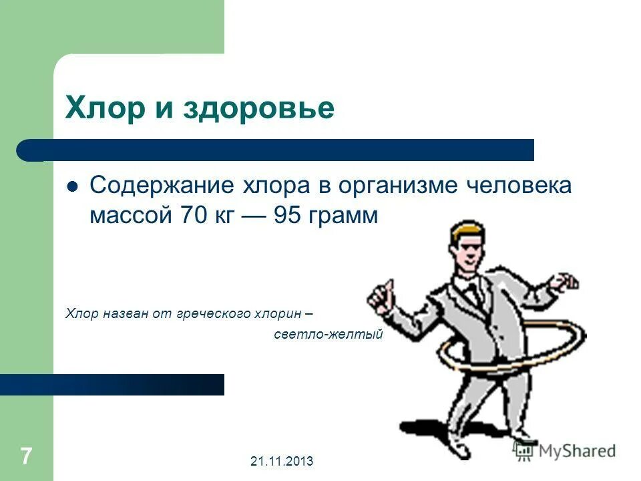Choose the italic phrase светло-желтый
tap(329, 334)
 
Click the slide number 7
tap(26, 457)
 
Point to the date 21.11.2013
tap(282, 461)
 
